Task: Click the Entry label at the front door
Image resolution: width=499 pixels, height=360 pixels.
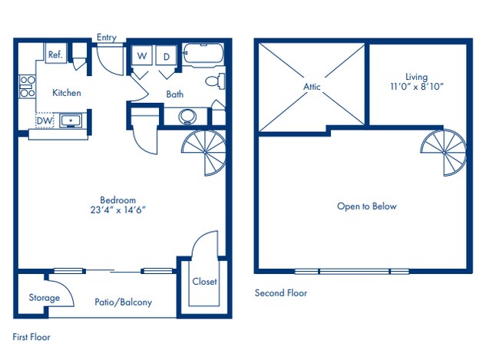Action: (107, 38)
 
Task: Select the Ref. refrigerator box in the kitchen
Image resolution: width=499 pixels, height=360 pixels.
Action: (55, 54)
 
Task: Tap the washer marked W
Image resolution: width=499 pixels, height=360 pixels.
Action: (142, 56)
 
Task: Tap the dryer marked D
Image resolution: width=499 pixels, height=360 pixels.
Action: (167, 56)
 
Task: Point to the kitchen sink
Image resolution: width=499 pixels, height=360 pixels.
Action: (71, 121)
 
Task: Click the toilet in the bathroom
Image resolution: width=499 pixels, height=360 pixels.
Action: (215, 81)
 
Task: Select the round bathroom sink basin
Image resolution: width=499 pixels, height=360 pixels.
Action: (187, 117)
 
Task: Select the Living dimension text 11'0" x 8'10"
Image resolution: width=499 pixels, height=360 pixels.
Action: (418, 87)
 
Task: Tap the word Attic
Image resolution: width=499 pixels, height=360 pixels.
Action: (312, 87)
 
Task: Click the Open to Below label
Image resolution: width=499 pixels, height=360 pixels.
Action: (366, 206)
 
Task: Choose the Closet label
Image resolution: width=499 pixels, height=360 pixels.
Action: (204, 282)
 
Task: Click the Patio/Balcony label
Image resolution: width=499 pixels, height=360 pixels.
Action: (123, 302)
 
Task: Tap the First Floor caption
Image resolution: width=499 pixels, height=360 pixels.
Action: (31, 336)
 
